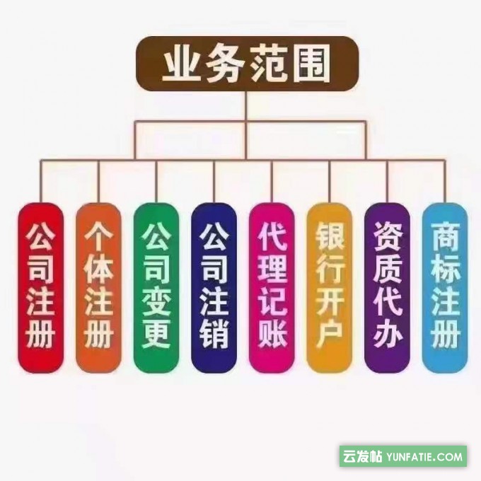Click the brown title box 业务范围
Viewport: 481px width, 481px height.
(x=245, y=66)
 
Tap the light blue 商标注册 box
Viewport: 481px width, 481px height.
(x=445, y=286)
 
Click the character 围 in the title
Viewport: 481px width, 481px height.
(x=311, y=66)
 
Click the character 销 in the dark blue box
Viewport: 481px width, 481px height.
(x=214, y=332)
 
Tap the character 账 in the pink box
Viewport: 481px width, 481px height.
(x=272, y=332)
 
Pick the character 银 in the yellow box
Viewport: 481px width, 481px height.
(x=330, y=236)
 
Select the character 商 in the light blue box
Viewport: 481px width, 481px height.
(x=445, y=236)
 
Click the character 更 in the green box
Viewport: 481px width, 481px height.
(x=156, y=332)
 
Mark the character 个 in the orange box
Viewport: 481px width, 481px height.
(x=98, y=236)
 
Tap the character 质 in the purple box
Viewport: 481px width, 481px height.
(x=388, y=270)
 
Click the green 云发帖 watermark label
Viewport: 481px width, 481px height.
(x=364, y=456)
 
